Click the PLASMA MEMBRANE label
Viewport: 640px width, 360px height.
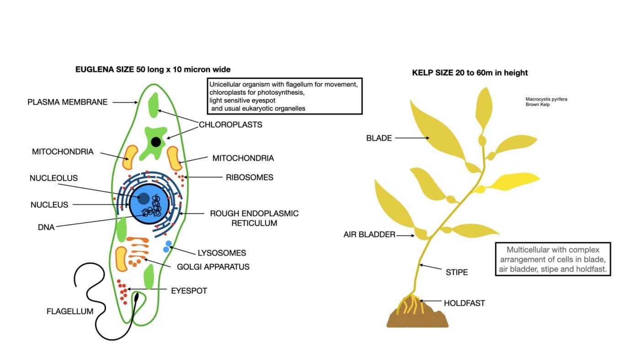68,102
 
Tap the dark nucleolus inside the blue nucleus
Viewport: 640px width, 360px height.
143,198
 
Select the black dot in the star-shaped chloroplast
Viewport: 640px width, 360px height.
156,142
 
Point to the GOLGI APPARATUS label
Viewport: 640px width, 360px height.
213,266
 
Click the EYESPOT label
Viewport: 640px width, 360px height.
189,291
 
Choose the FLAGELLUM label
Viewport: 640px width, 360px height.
70,312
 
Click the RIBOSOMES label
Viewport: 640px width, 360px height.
250,177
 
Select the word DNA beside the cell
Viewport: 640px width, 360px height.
46,227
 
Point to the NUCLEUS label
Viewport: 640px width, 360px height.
49,205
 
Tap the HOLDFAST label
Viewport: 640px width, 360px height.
464,303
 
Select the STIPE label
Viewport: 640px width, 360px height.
457,272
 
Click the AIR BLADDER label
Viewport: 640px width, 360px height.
369,235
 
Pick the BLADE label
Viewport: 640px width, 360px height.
379,138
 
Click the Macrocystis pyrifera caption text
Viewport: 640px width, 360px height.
546,99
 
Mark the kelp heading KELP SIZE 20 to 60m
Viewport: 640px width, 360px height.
470,73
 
